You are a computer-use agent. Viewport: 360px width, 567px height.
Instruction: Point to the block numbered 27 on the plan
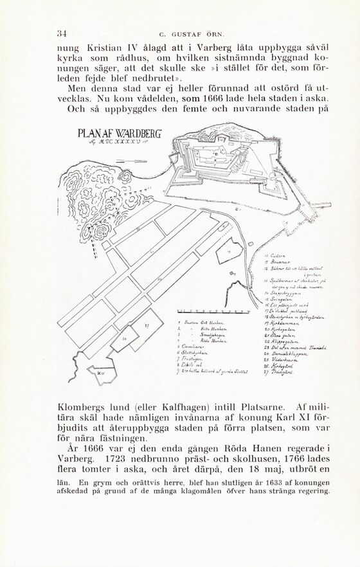click(145, 326)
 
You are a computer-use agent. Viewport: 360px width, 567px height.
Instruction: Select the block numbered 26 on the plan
click(125, 337)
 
